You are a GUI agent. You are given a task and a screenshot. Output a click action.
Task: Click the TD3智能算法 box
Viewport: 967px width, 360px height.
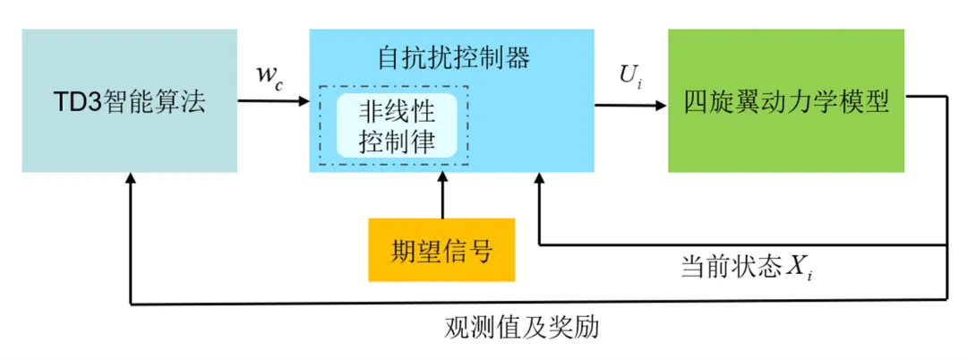pos(129,100)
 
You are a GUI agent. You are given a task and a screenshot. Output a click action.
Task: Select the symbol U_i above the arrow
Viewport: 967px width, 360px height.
pos(629,75)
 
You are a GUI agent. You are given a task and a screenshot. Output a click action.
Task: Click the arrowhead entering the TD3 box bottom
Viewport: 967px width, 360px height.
pos(132,179)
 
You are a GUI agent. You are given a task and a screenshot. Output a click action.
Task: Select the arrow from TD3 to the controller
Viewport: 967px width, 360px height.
pos(273,100)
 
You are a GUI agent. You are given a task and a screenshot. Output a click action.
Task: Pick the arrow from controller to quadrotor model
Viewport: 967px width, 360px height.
pos(631,105)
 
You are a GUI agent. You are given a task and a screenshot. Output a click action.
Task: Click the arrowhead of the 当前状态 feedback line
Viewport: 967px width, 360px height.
pos(539,179)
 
